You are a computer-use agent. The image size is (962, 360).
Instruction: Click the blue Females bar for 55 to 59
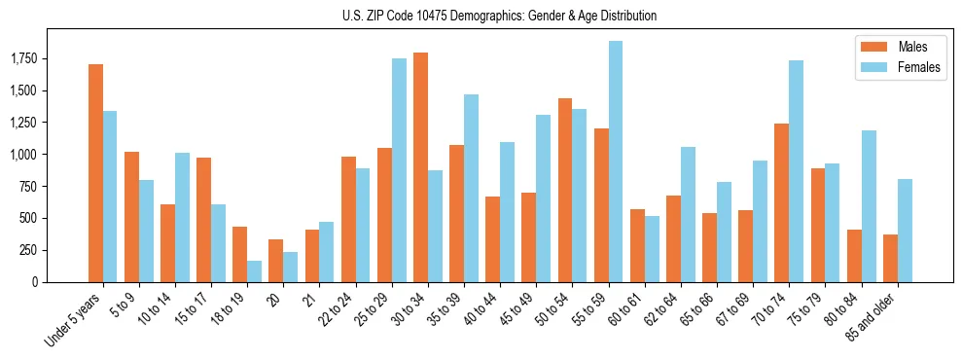[x=615, y=162]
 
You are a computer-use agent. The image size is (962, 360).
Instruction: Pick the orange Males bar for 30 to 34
[x=420, y=167]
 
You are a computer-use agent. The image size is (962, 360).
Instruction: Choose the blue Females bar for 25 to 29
[x=399, y=170]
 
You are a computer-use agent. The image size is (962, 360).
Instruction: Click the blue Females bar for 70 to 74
[x=796, y=171]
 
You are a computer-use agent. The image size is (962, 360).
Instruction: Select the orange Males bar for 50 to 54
[x=565, y=190]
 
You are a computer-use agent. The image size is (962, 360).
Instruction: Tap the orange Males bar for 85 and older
[x=890, y=258]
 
